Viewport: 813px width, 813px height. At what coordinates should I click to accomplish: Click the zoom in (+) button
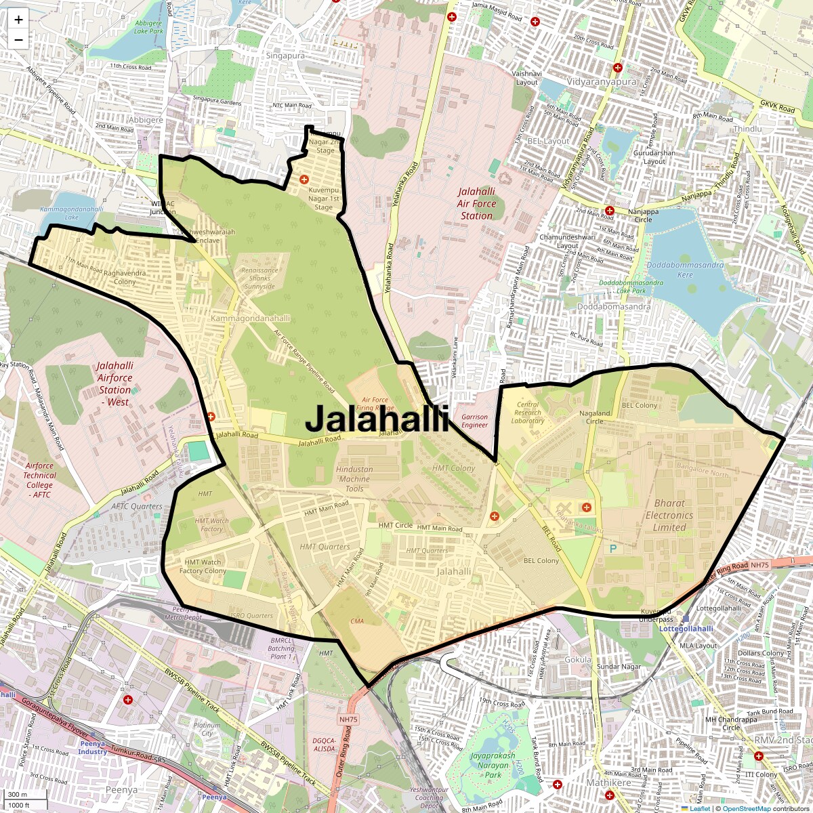click(x=18, y=20)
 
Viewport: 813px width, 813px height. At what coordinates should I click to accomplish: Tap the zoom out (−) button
click(x=18, y=39)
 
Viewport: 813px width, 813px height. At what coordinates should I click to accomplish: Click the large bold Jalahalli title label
click(x=377, y=419)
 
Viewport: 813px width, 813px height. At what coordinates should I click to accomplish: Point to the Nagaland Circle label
click(x=594, y=417)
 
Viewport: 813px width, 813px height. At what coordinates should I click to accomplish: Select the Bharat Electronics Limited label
click(x=669, y=515)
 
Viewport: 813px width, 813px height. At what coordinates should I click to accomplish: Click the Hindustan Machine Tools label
click(x=354, y=478)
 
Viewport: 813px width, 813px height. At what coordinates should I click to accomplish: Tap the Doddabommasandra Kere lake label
click(x=685, y=270)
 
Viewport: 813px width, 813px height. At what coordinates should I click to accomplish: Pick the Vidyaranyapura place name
click(x=602, y=81)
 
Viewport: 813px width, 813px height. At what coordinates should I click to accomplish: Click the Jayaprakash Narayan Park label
click(x=493, y=765)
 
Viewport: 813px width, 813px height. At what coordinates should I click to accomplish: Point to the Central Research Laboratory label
click(x=528, y=413)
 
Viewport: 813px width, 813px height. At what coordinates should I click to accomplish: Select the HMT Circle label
click(x=395, y=525)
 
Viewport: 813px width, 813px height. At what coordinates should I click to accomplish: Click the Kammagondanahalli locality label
click(x=250, y=318)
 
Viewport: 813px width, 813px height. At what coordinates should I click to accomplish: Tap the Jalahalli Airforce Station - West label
click(x=114, y=383)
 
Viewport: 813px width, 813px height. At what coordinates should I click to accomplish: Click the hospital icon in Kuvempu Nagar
click(x=304, y=179)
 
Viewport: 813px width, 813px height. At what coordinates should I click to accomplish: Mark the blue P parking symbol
click(x=614, y=548)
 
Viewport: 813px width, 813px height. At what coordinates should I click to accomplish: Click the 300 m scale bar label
click(x=18, y=795)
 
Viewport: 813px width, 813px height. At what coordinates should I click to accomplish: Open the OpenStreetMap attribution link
click(x=746, y=808)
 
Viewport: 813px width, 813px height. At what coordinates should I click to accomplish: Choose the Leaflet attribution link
click(x=699, y=808)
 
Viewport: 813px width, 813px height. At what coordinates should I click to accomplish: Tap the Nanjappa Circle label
click(x=643, y=215)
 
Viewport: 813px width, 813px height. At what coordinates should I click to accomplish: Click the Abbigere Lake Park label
click(x=148, y=27)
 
